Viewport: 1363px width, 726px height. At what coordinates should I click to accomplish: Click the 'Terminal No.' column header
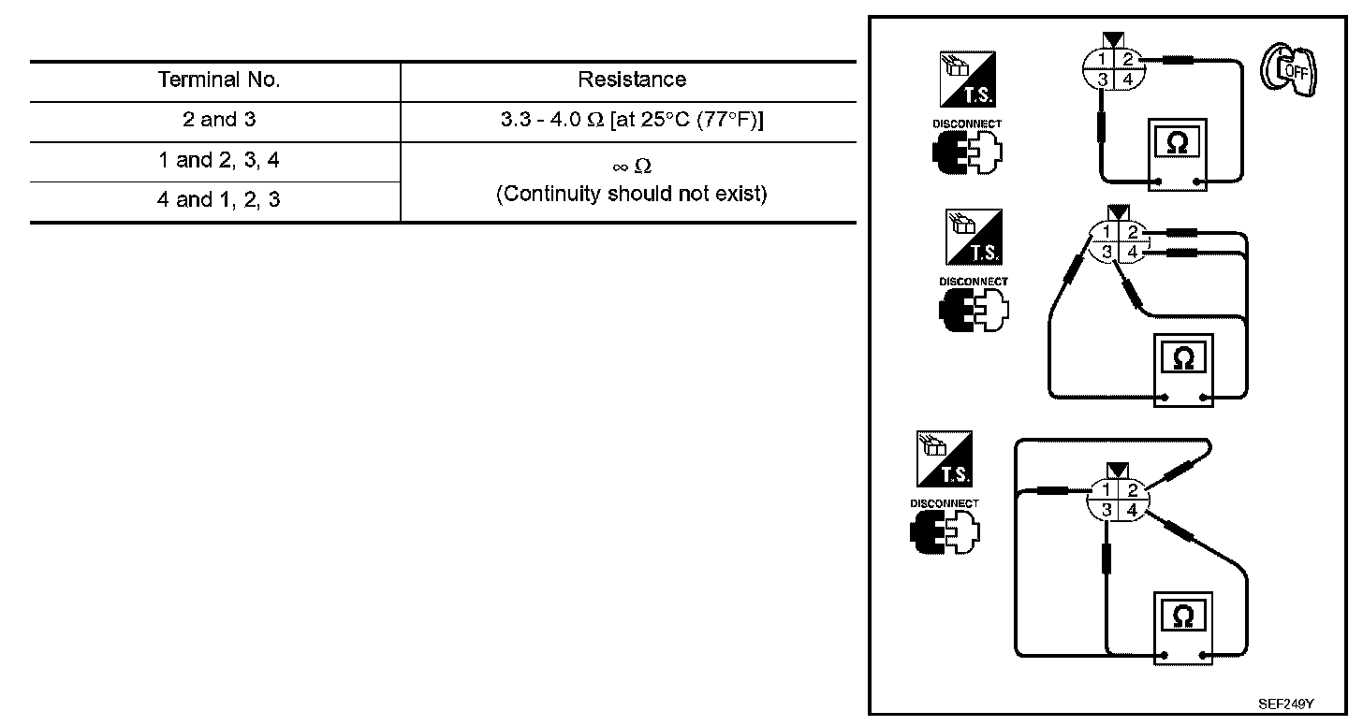coord(219,80)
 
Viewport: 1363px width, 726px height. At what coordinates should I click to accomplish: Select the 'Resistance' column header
coord(632,80)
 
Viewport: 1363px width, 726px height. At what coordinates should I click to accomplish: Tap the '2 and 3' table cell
coord(219,120)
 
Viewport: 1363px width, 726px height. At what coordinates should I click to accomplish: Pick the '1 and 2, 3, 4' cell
coord(219,161)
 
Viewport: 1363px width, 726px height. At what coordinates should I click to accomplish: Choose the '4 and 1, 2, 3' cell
coord(219,200)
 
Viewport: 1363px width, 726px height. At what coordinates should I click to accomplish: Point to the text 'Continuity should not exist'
coord(632,195)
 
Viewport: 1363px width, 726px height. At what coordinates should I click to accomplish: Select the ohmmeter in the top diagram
coord(1176,155)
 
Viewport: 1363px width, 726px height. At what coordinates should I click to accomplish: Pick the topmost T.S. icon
coord(968,80)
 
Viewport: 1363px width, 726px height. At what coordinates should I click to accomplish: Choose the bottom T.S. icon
coord(945,458)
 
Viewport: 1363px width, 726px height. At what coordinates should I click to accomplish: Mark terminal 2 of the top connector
coord(1129,60)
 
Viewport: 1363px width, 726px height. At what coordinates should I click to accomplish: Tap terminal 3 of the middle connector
coord(1107,251)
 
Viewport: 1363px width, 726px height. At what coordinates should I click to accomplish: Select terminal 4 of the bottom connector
coord(1131,511)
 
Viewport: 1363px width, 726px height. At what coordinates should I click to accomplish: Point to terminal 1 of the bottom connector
coord(1107,490)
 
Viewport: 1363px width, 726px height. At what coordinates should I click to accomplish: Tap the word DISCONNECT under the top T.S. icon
coord(966,123)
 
